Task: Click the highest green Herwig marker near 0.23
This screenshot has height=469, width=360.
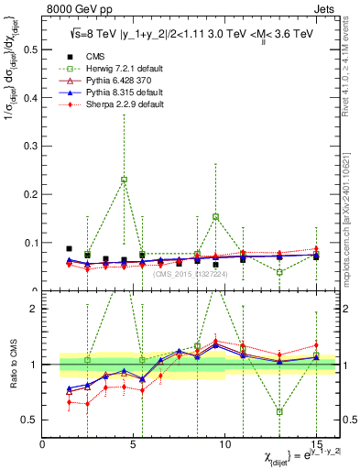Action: pyautogui.click(x=124, y=180)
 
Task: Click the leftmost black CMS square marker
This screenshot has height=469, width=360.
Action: pyautogui.click(x=69, y=248)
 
